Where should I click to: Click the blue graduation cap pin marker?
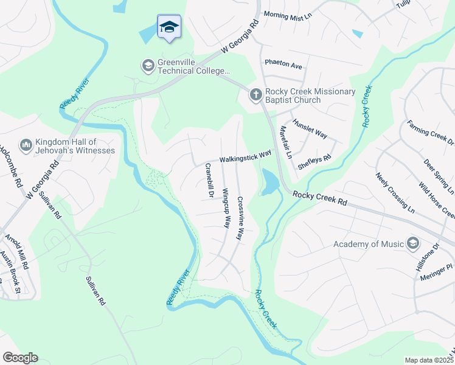[169, 27]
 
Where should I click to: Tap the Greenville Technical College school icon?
[147, 65]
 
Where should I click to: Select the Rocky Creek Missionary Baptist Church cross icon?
[255, 94]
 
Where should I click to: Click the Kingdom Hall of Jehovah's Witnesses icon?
[26, 145]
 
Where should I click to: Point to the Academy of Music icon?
[413, 244]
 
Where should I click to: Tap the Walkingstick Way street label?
[245, 157]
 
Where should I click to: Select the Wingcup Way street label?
[226, 208]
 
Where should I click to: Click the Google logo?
[20, 358]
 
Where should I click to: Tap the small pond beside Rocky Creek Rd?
[269, 182]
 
